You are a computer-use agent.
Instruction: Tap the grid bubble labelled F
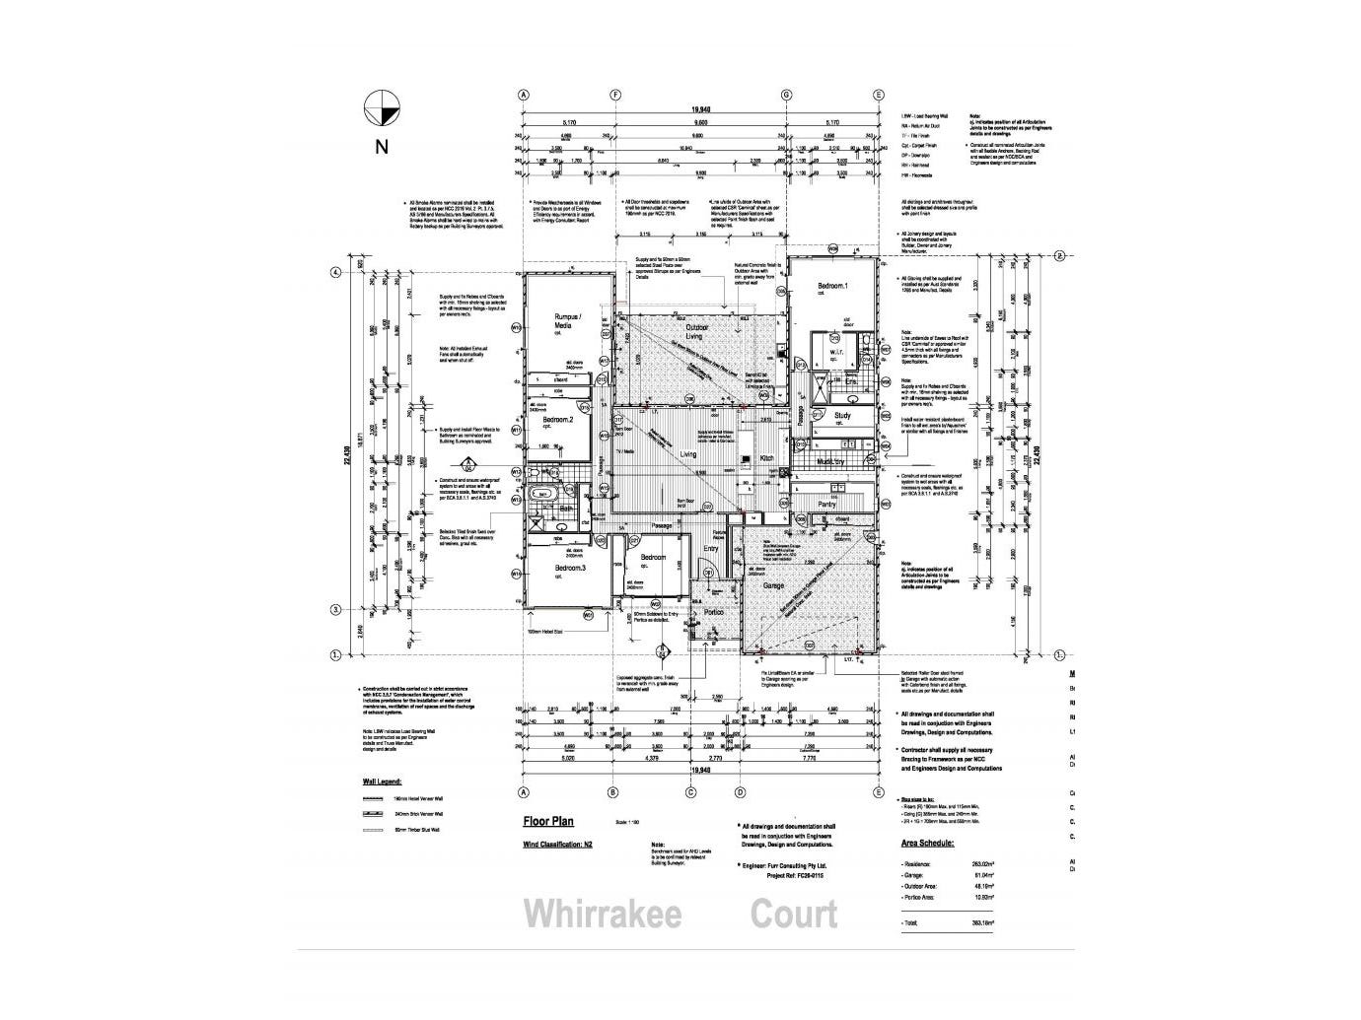[x=616, y=95]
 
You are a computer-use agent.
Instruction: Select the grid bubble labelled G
[x=787, y=95]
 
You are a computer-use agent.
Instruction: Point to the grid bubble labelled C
[x=696, y=791]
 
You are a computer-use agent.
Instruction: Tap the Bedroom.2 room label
[x=559, y=421]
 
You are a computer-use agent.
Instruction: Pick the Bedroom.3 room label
[x=569, y=569]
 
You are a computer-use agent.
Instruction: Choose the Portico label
[x=713, y=613]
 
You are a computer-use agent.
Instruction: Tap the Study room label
[x=842, y=416]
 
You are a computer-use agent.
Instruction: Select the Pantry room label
[x=826, y=505]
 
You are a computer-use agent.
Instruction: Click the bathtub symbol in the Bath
[x=540, y=493]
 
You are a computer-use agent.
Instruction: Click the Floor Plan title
[x=547, y=821]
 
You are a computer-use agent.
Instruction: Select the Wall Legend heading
[x=384, y=782]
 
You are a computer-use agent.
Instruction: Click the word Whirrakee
[x=602, y=914]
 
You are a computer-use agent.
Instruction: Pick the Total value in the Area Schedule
[x=980, y=922]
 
